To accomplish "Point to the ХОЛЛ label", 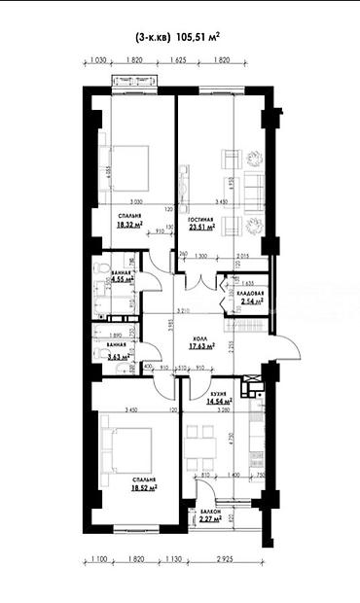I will (x=201, y=337).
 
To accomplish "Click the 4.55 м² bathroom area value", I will (x=122, y=279).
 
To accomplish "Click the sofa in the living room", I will (x=251, y=185).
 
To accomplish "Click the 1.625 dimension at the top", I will (x=177, y=59).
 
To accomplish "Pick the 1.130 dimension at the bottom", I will (x=173, y=560).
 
